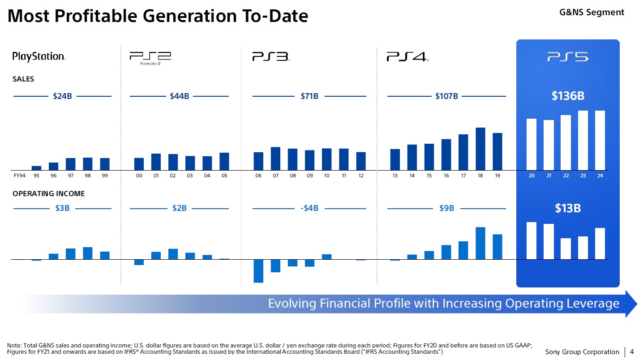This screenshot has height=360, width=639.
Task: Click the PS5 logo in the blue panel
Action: tap(568, 57)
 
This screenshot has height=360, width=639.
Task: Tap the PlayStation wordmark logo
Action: tap(39, 56)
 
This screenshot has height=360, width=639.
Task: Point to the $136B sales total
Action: tap(568, 96)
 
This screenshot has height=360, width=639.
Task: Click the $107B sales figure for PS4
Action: tap(446, 96)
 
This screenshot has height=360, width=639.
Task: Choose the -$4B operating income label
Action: tap(309, 208)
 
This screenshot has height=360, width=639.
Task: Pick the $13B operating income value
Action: tap(568, 208)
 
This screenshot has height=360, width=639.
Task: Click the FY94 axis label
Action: tap(19, 176)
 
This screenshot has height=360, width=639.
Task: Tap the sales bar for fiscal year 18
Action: tap(480, 149)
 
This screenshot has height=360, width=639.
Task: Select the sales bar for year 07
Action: tap(275, 159)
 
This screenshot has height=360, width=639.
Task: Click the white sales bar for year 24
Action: tap(600, 140)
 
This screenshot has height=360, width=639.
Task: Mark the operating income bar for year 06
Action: tap(258, 271)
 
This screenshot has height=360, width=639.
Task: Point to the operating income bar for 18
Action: tap(480, 243)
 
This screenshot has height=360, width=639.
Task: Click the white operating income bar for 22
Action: tap(566, 249)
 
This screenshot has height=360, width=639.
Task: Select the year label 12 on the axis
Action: tap(361, 176)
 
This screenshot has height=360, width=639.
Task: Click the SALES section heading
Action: tap(23, 79)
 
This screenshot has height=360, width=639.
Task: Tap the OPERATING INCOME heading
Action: tap(48, 194)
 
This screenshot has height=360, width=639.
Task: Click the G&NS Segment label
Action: tap(592, 12)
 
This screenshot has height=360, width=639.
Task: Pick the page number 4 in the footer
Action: tap(631, 351)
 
